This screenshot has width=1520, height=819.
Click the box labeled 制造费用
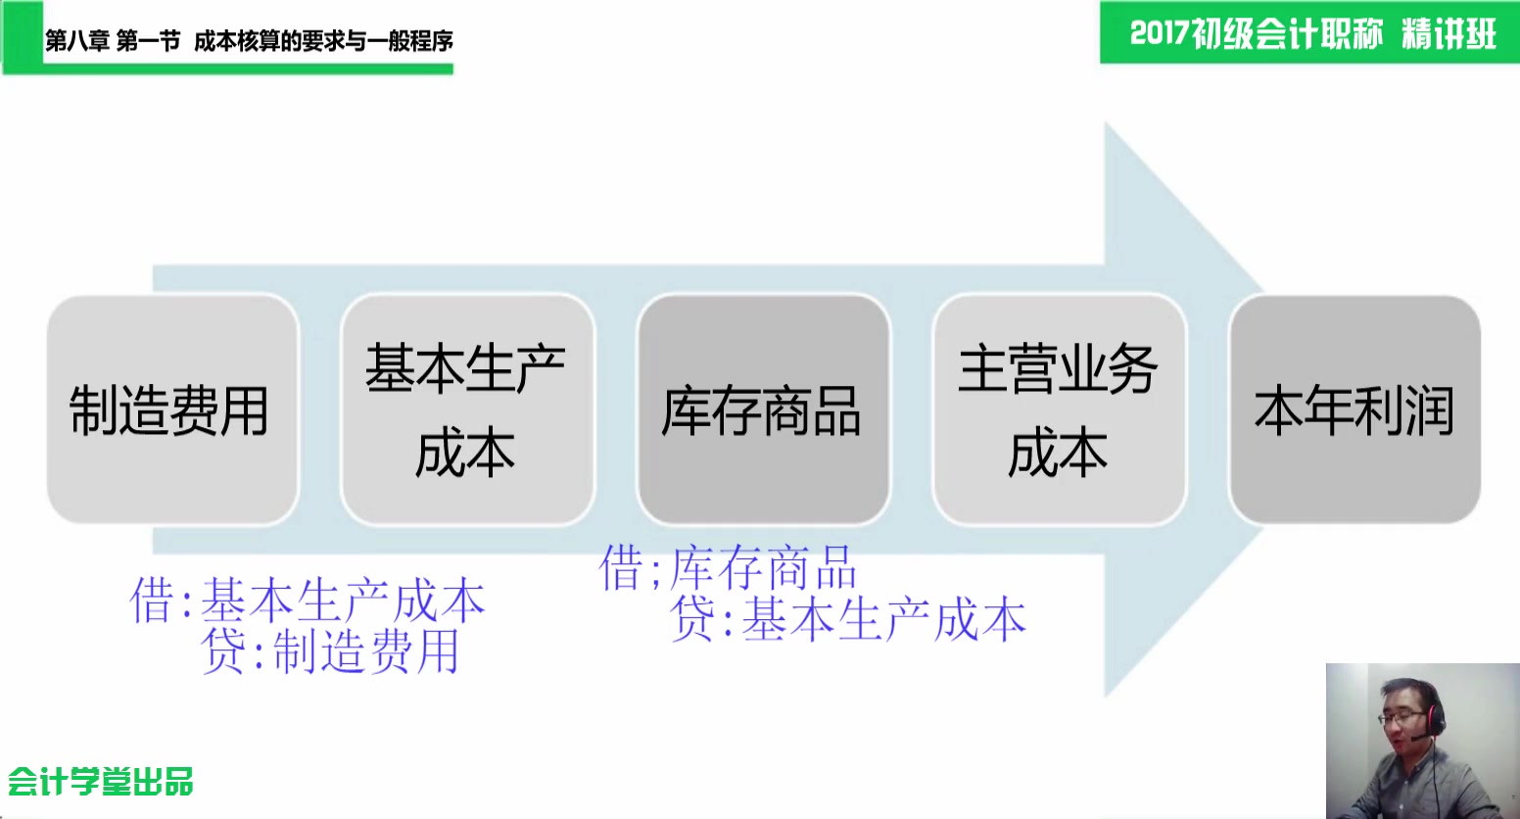173,409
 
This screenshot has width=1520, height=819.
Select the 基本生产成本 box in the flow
467,409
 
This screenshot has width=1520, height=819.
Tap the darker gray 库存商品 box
763,409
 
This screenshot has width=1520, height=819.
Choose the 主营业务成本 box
1060,409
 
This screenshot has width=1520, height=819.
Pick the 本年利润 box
1355,409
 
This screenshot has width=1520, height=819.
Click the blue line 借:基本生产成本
308,601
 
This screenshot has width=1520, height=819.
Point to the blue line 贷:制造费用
330,651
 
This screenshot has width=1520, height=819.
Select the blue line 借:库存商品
728,567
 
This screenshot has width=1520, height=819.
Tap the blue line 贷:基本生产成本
847,619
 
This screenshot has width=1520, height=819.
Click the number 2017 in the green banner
1160,33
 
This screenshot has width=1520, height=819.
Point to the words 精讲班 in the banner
1449,33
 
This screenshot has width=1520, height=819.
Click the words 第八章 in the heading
76,41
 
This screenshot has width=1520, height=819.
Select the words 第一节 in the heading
148,41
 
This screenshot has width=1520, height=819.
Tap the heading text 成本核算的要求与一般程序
323,41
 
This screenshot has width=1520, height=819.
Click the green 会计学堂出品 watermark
101,781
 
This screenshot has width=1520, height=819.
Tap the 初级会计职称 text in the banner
1287,33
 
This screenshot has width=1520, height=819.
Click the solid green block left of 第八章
23,34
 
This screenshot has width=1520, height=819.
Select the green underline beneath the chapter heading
248,69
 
